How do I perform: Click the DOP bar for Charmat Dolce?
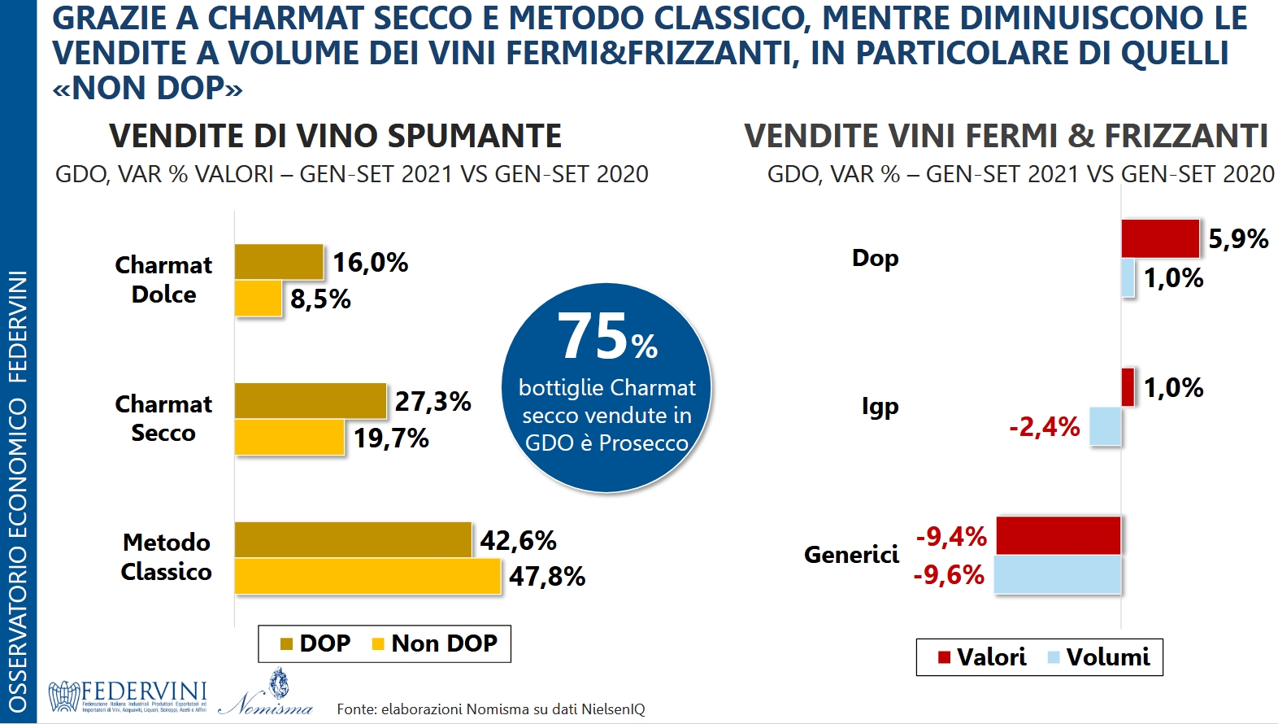[279, 262]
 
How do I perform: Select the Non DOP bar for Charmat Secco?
[289, 438]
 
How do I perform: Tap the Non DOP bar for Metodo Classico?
[367, 576]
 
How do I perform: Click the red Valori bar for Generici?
[1058, 536]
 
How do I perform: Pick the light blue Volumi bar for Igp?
[1106, 426]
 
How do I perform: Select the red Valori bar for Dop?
[1160, 238]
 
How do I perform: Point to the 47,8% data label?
[547, 577]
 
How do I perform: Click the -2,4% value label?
[1045, 426]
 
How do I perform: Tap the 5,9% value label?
[1238, 238]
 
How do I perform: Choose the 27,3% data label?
[433, 401]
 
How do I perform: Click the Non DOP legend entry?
[434, 643]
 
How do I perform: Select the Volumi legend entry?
[1099, 657]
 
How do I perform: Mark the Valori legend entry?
[982, 657]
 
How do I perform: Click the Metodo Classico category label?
[166, 557]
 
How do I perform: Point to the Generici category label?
[851, 554]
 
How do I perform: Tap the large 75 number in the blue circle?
[593, 337]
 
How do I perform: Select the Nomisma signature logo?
[267, 696]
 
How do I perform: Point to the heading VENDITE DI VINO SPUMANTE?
[335, 136]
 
